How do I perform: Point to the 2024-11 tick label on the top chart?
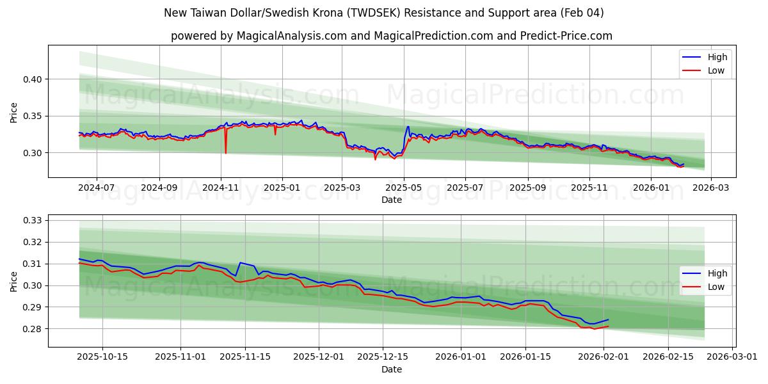click(x=221, y=188)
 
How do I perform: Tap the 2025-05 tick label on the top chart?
click(x=404, y=188)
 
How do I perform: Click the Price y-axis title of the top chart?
click(x=14, y=112)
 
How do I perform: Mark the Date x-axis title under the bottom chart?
click(x=392, y=369)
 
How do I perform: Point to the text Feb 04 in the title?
click(x=584, y=13)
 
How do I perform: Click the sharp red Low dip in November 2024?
click(x=226, y=152)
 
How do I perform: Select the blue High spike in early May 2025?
click(x=408, y=126)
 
